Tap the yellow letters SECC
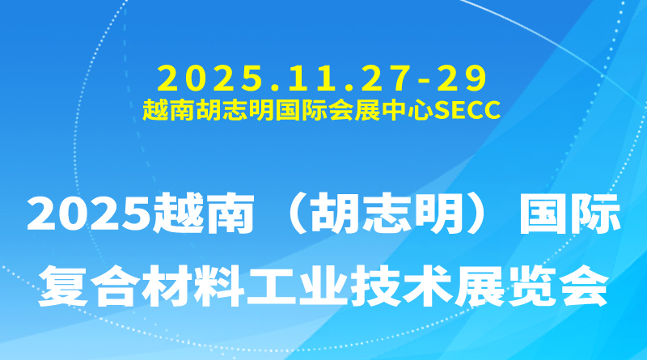point(469,108)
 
